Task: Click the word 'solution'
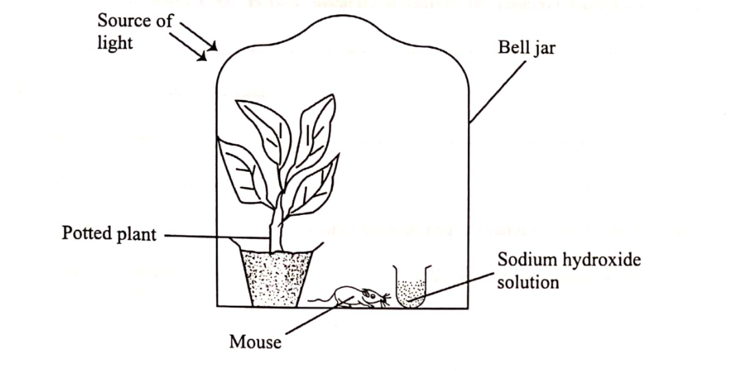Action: [528, 281]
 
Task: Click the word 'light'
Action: [114, 42]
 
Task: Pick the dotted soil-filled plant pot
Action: [276, 277]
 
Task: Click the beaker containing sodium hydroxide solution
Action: [410, 287]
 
